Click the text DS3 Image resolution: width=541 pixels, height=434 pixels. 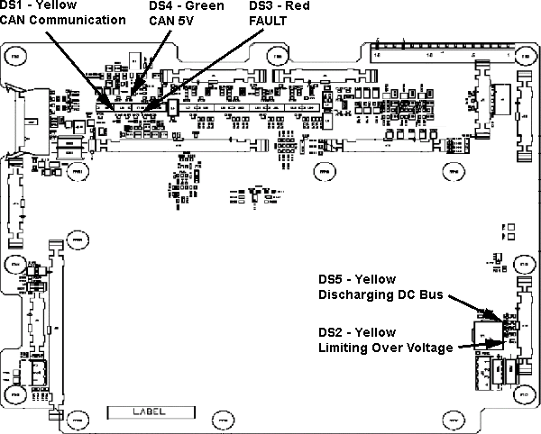(263, 6)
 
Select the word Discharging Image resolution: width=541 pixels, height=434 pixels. (353, 294)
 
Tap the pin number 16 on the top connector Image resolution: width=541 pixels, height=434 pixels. (378, 57)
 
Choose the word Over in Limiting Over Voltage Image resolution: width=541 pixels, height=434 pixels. (386, 347)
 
